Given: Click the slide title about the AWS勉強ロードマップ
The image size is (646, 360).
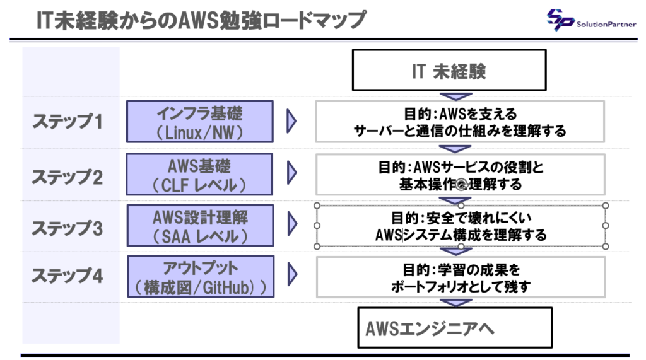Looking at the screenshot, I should point(201,20).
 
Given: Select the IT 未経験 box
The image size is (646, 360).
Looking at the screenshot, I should point(449,71).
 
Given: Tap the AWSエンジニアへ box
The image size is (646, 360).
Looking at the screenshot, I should point(454,328).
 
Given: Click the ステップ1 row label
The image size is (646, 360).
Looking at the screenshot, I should point(67,121).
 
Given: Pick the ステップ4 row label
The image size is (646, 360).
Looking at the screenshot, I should point(67,276).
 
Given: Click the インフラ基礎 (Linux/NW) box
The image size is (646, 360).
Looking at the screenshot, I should point(199,122).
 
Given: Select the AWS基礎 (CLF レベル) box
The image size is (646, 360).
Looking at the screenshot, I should point(199,175).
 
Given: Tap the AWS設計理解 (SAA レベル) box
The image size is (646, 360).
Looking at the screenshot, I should point(200,226).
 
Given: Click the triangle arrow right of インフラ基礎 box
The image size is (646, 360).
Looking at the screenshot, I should point(291,122).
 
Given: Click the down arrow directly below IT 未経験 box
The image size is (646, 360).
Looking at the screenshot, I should point(456,96).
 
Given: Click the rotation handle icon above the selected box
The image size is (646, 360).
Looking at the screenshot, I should point(461,183).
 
